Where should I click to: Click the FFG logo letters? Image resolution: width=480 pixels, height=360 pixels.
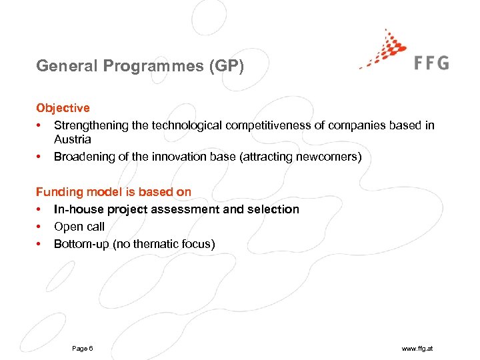click(x=432, y=63)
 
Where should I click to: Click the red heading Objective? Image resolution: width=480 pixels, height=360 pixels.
click(x=63, y=108)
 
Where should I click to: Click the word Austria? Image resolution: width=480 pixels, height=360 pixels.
click(x=72, y=139)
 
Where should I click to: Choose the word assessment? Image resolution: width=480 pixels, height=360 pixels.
click(x=186, y=209)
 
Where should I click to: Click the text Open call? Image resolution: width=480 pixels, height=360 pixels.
click(x=79, y=227)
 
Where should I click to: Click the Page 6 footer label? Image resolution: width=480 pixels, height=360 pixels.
click(x=82, y=349)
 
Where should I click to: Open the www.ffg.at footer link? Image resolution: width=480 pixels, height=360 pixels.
click(x=418, y=349)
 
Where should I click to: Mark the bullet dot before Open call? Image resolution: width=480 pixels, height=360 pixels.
click(x=39, y=227)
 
